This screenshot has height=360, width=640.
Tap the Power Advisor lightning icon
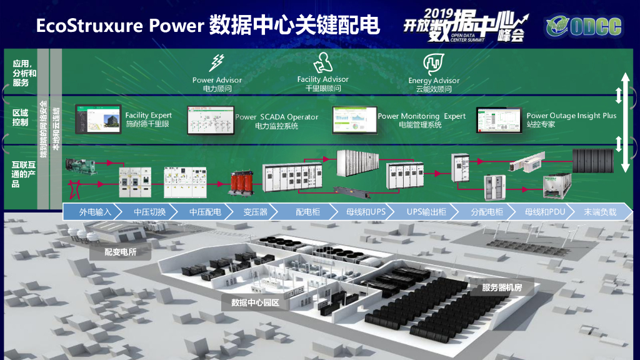[217, 62]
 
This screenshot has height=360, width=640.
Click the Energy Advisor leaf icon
[433, 63]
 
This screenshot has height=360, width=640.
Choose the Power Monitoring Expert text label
[422, 116]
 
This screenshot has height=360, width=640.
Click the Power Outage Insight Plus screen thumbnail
[499, 119]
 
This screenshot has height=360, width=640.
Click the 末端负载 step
[599, 212]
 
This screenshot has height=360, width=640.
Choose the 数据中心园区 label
[254, 303]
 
